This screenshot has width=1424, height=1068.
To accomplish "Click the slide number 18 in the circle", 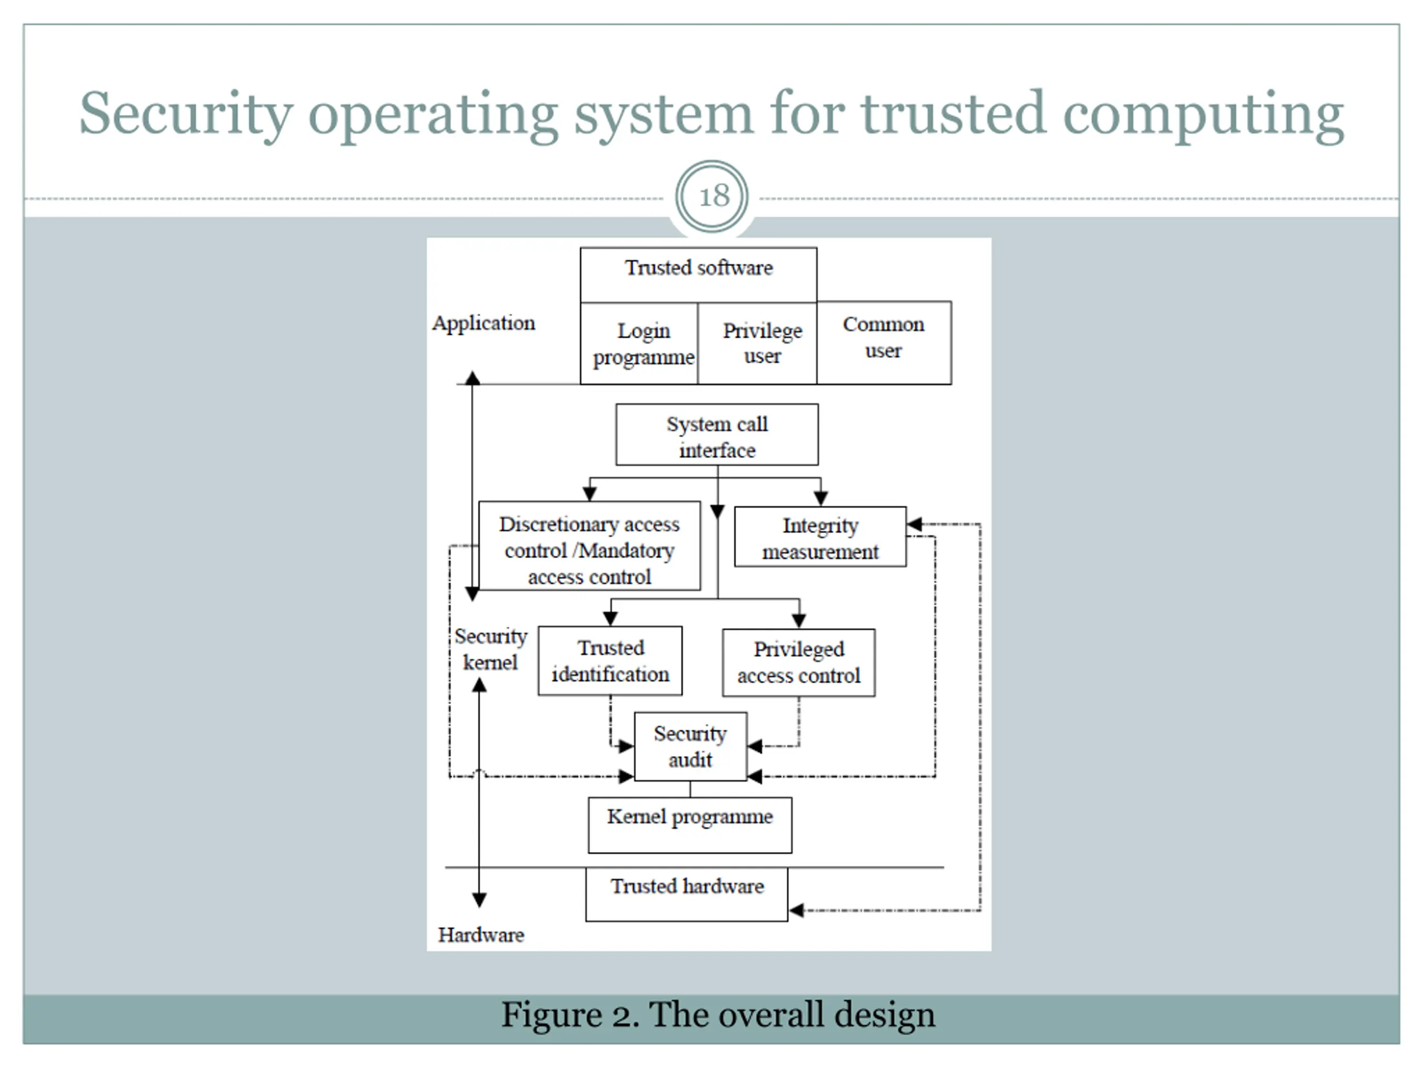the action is tap(714, 196).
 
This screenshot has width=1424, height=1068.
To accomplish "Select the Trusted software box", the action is tap(699, 275).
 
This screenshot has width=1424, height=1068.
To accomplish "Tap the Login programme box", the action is tap(639, 343).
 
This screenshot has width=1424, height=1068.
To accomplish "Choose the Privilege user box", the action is tap(758, 343).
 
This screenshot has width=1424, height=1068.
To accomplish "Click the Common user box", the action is tap(884, 343).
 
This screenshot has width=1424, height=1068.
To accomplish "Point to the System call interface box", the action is tap(717, 434).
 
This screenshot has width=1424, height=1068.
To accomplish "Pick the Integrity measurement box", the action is tap(820, 537).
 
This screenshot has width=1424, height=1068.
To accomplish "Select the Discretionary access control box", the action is tap(590, 546).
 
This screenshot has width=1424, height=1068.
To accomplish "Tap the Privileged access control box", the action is tap(799, 663).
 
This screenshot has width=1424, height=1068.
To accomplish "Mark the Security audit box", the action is tap(691, 746).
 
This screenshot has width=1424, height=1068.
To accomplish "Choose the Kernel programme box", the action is tap(690, 825).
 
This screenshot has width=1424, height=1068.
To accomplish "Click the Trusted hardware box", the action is tap(687, 895).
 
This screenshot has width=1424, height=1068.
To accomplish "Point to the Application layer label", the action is tap(483, 323).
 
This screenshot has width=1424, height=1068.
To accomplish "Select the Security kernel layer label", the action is tap(491, 649).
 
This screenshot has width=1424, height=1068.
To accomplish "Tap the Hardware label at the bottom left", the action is tap(481, 934).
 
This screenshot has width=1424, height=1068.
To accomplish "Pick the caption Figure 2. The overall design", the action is tap(718, 1015).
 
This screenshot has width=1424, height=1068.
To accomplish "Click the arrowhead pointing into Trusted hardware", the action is tap(797, 910).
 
